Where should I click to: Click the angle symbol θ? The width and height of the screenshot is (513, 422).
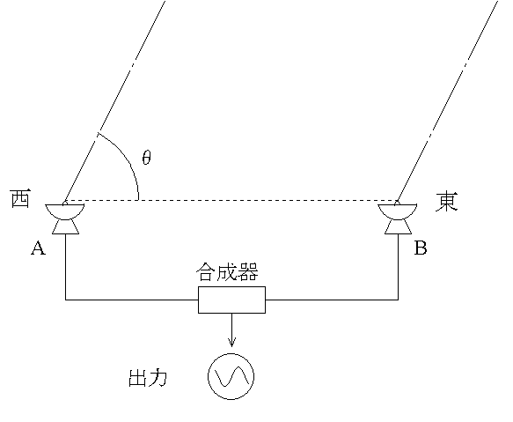[x=146, y=158]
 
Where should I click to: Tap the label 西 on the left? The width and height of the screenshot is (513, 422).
[x=21, y=200]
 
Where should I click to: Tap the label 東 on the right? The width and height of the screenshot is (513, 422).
[x=446, y=202]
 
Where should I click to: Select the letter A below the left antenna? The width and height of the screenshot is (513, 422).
[x=38, y=249]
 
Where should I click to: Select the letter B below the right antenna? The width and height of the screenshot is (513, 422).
[x=421, y=249]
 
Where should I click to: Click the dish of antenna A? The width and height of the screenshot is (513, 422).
[x=66, y=211]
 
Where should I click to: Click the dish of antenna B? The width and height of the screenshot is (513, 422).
[x=399, y=211]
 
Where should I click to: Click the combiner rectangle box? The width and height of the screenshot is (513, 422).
[x=231, y=300]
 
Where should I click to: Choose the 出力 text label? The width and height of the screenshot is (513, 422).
[x=148, y=379]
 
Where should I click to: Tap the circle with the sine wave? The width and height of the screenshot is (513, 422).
[x=231, y=377]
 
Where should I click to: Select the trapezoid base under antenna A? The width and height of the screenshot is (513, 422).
[x=66, y=227]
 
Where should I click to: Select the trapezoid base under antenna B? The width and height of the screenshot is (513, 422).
[x=399, y=227]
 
